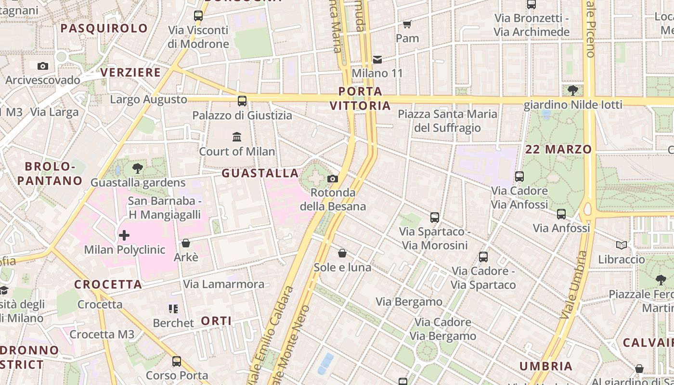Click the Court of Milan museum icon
(x=237, y=137)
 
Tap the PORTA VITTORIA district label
(x=360, y=98)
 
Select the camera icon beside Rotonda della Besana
(x=332, y=179)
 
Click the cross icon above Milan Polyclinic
(x=124, y=235)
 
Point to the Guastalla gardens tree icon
(x=138, y=168)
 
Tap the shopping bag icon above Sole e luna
(x=342, y=253)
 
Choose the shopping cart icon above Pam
(x=407, y=24)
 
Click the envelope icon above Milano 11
(x=377, y=60)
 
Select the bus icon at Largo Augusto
(x=242, y=101)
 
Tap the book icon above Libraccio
(x=622, y=245)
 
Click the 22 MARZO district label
(x=558, y=149)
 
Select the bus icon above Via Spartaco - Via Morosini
(x=435, y=218)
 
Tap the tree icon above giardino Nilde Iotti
(x=572, y=90)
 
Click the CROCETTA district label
(x=108, y=284)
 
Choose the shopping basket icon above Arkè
(x=186, y=243)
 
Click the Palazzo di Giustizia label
(x=242, y=115)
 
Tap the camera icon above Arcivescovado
(x=43, y=66)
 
